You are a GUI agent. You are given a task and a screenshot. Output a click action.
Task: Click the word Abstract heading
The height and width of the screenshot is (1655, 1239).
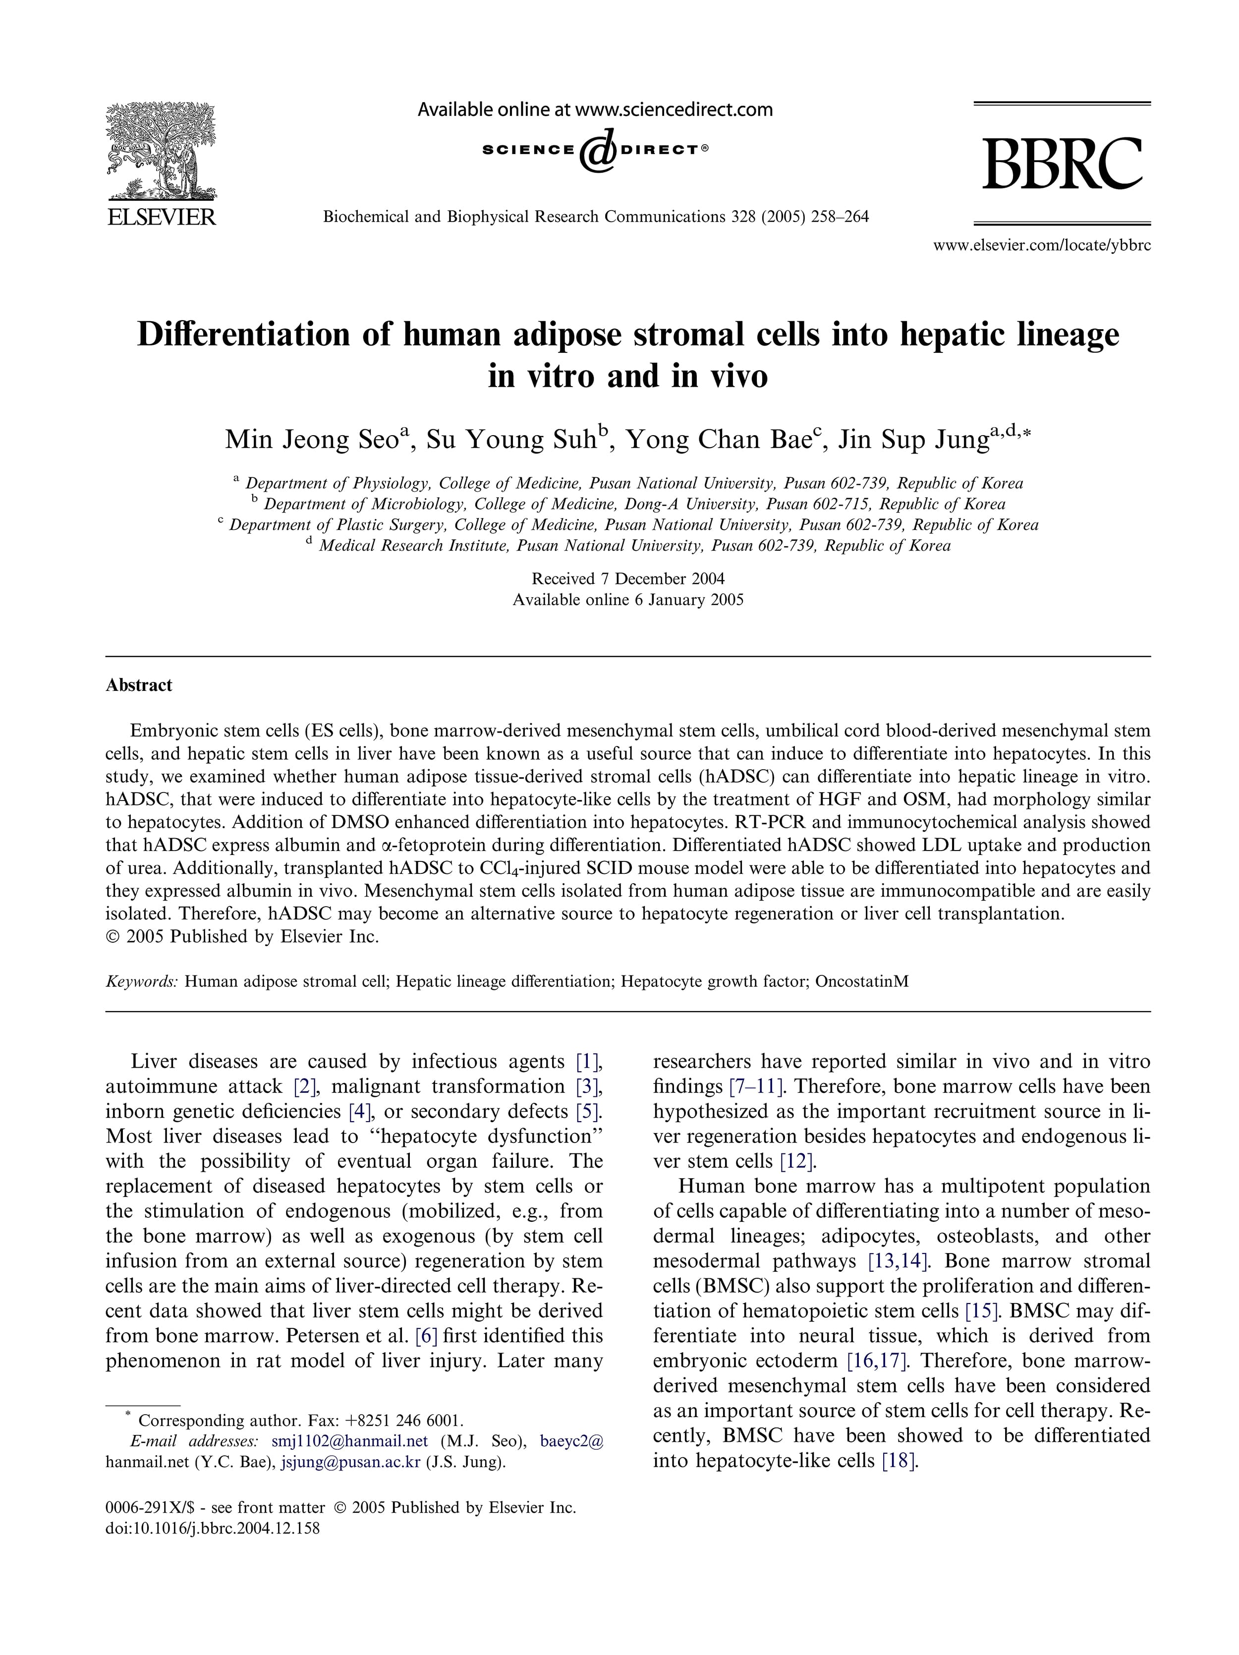tap(139, 685)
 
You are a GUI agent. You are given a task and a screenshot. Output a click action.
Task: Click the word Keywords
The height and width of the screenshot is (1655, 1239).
tap(141, 981)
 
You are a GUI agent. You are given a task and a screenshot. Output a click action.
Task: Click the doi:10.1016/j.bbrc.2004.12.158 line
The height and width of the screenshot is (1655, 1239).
tap(213, 1528)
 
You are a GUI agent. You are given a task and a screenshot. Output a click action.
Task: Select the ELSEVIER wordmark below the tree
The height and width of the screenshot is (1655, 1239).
tap(162, 217)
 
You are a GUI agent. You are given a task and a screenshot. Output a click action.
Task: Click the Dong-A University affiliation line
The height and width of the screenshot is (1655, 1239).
tap(634, 504)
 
